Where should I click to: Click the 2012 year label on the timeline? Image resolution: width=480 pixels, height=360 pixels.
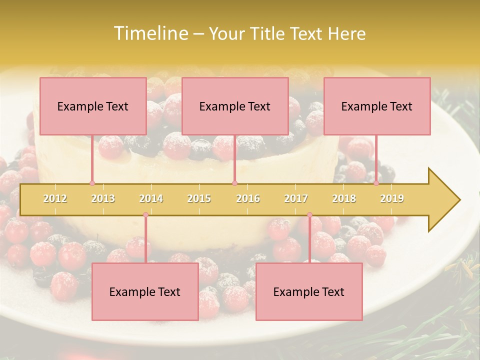55,198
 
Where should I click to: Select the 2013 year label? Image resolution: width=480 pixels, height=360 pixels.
103,198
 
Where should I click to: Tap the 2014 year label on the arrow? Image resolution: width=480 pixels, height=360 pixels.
151,198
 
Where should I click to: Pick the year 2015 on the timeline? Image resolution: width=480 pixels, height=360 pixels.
199,198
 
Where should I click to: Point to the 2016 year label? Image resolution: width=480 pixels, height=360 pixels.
248,198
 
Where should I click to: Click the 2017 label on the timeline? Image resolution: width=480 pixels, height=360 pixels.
296,198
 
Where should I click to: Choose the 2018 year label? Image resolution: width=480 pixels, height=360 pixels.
344,198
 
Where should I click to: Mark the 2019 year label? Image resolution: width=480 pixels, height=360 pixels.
392,198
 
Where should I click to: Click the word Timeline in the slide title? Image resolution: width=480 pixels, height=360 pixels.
150,33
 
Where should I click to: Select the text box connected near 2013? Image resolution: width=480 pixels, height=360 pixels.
93,106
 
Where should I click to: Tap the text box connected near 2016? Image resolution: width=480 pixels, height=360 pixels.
235,106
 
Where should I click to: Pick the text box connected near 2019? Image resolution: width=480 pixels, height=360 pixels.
377,106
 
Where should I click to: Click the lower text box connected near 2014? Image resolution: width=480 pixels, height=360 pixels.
145,291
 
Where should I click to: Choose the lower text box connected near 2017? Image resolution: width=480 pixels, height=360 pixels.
309,291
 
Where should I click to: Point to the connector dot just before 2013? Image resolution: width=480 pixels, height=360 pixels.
92,183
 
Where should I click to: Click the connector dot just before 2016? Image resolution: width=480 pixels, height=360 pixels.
234,183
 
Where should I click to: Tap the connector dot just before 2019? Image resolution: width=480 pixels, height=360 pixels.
376,183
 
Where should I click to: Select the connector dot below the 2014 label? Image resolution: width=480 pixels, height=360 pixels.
145,215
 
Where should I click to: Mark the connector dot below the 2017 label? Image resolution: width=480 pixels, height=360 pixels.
309,215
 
